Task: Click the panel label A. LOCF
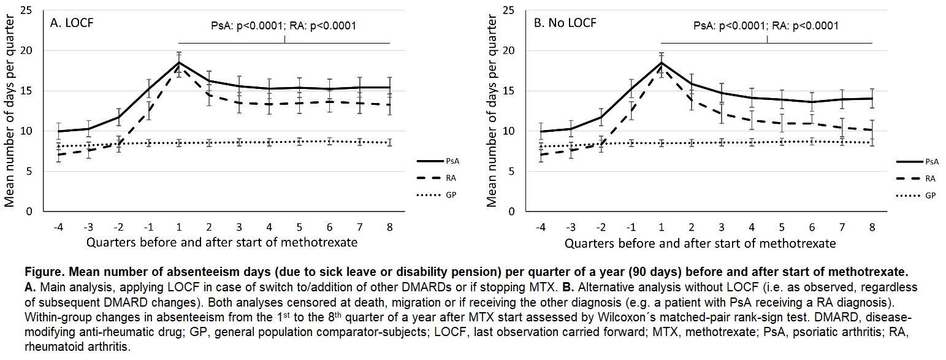(71, 24)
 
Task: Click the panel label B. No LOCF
(565, 24)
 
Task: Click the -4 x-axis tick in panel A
(58, 226)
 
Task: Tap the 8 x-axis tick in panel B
(872, 226)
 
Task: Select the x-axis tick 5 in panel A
(300, 226)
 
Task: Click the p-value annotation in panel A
(284, 26)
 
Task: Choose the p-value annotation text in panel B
(766, 26)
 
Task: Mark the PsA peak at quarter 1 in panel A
(179, 63)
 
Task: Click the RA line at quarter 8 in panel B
(872, 130)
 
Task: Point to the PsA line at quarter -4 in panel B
(541, 131)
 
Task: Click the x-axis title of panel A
(222, 243)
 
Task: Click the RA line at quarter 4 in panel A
(270, 104)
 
